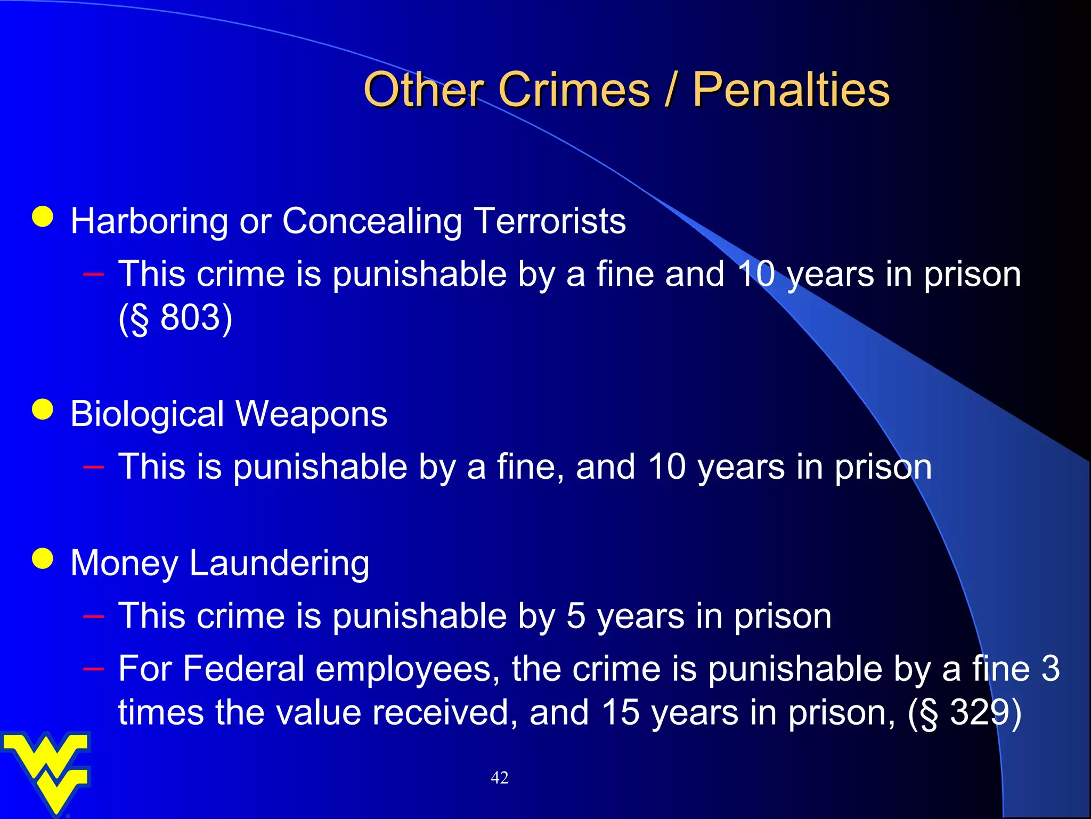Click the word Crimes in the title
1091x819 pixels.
[574, 90]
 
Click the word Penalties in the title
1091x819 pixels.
[791, 90]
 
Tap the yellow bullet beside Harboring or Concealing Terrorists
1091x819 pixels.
[43, 217]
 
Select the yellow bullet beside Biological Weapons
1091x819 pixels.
[43, 409]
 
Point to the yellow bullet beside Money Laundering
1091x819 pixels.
[43, 559]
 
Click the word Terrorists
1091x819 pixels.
[550, 221]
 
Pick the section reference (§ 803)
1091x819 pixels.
[175, 318]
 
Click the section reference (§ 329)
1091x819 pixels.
[964, 712]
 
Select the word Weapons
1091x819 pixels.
[312, 414]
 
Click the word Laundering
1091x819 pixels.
[279, 564]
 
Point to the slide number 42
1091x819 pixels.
[499, 778]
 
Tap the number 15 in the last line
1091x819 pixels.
[620, 712]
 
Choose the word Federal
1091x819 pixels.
[243, 669]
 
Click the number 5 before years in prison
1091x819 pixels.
[575, 616]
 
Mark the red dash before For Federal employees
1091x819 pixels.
[93, 667]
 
